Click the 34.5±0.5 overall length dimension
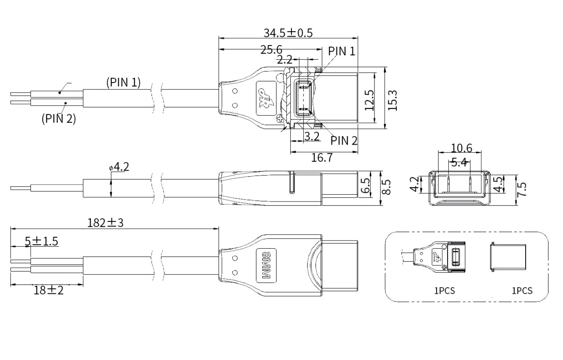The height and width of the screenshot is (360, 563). coord(288,33)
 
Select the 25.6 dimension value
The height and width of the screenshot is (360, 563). coord(271,50)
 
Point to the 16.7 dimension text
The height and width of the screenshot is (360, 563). coord(322,157)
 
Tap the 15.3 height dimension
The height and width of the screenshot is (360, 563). coord(392,100)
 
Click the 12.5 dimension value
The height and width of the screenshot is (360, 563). coord(369,100)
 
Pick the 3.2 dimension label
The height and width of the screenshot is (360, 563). coord(312,136)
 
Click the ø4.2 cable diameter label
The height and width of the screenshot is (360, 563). coord(119,167)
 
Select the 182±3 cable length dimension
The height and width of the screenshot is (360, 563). coord(105,223)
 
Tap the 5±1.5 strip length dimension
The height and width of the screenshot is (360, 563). coord(41,241)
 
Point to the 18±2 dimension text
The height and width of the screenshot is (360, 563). coord(49,290)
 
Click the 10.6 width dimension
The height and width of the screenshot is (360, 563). coord(461,147)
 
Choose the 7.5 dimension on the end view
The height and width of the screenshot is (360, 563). coord(522,189)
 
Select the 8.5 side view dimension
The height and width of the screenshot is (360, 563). coord(387,187)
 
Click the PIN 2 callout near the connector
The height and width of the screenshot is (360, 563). coord(344,141)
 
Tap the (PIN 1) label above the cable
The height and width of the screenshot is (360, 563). coord(123,82)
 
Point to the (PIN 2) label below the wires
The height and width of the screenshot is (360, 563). coord(59,119)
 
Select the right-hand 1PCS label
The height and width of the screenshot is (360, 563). coord(522,291)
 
